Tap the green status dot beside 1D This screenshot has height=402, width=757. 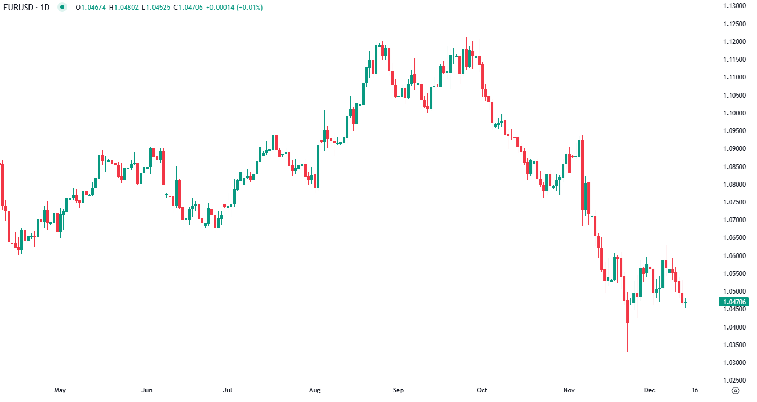coord(63,8)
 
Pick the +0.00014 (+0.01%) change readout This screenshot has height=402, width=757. coord(235,8)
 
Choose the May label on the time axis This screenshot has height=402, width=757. coord(60,390)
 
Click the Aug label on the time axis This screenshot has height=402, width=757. coord(315,390)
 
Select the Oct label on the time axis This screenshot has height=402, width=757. coord(482,390)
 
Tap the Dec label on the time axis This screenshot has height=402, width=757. coord(650,390)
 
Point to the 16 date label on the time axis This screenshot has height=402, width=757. coord(695,390)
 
